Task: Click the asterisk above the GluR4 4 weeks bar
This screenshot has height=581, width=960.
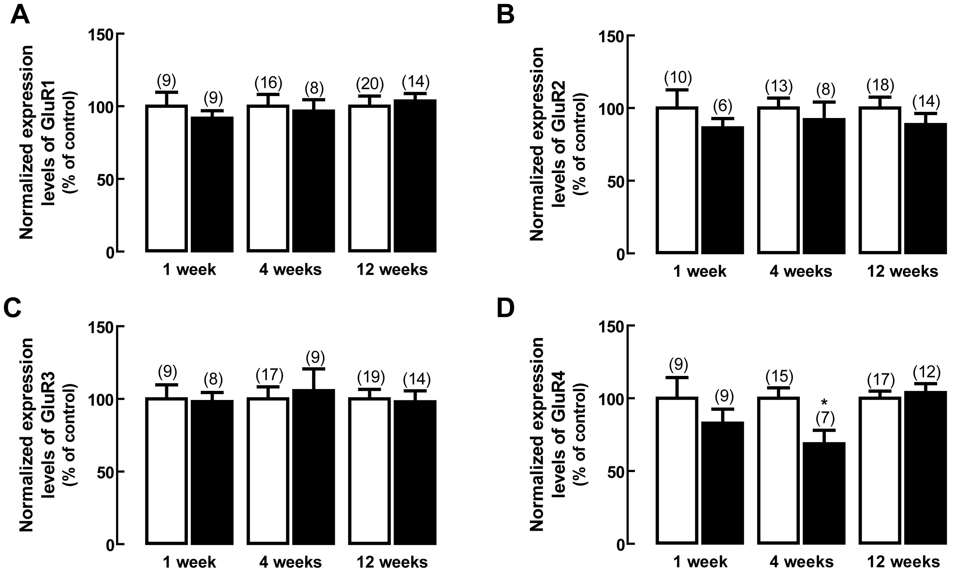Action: click(824, 403)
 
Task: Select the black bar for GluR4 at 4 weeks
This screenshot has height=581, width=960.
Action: click(824, 493)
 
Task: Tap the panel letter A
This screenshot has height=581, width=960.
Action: click(20, 16)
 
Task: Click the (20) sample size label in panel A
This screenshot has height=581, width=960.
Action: click(370, 83)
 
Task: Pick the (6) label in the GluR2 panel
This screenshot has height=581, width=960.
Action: click(723, 106)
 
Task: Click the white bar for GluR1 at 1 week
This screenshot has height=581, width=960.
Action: click(167, 178)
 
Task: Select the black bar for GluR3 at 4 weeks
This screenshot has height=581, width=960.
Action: click(314, 466)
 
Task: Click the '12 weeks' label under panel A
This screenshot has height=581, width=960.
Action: click(392, 270)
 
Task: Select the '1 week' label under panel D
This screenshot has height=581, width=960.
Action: click(700, 562)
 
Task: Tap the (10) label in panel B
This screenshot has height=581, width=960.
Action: click(678, 78)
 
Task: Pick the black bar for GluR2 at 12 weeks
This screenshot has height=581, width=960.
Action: click(925, 188)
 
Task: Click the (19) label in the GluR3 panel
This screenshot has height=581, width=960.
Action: click(371, 377)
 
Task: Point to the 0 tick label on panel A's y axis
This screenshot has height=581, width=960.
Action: click(110, 253)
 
